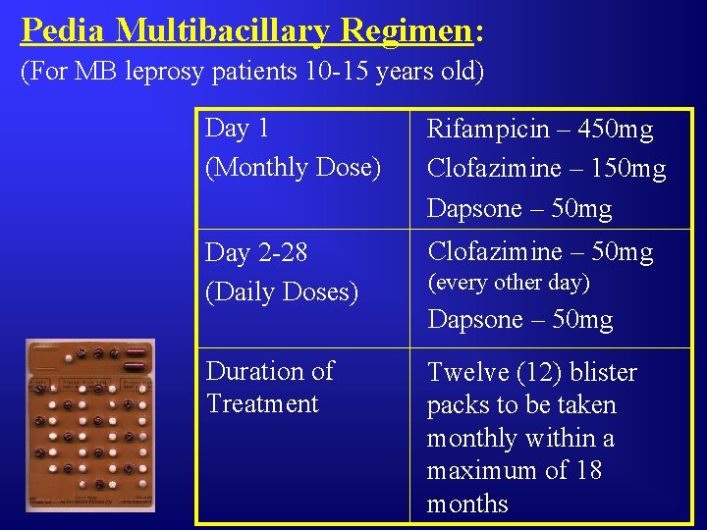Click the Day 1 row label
(237, 129)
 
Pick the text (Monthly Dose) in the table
(293, 167)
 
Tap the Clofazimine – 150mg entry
(545, 169)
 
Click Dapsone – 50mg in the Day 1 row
(518, 209)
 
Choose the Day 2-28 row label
(256, 253)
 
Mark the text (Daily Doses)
(282, 292)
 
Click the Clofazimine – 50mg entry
(539, 252)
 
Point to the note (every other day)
(508, 283)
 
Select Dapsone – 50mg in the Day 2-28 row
(518, 320)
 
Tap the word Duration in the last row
(255, 371)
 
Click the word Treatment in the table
(262, 403)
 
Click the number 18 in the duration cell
(588, 471)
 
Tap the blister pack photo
(90, 426)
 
